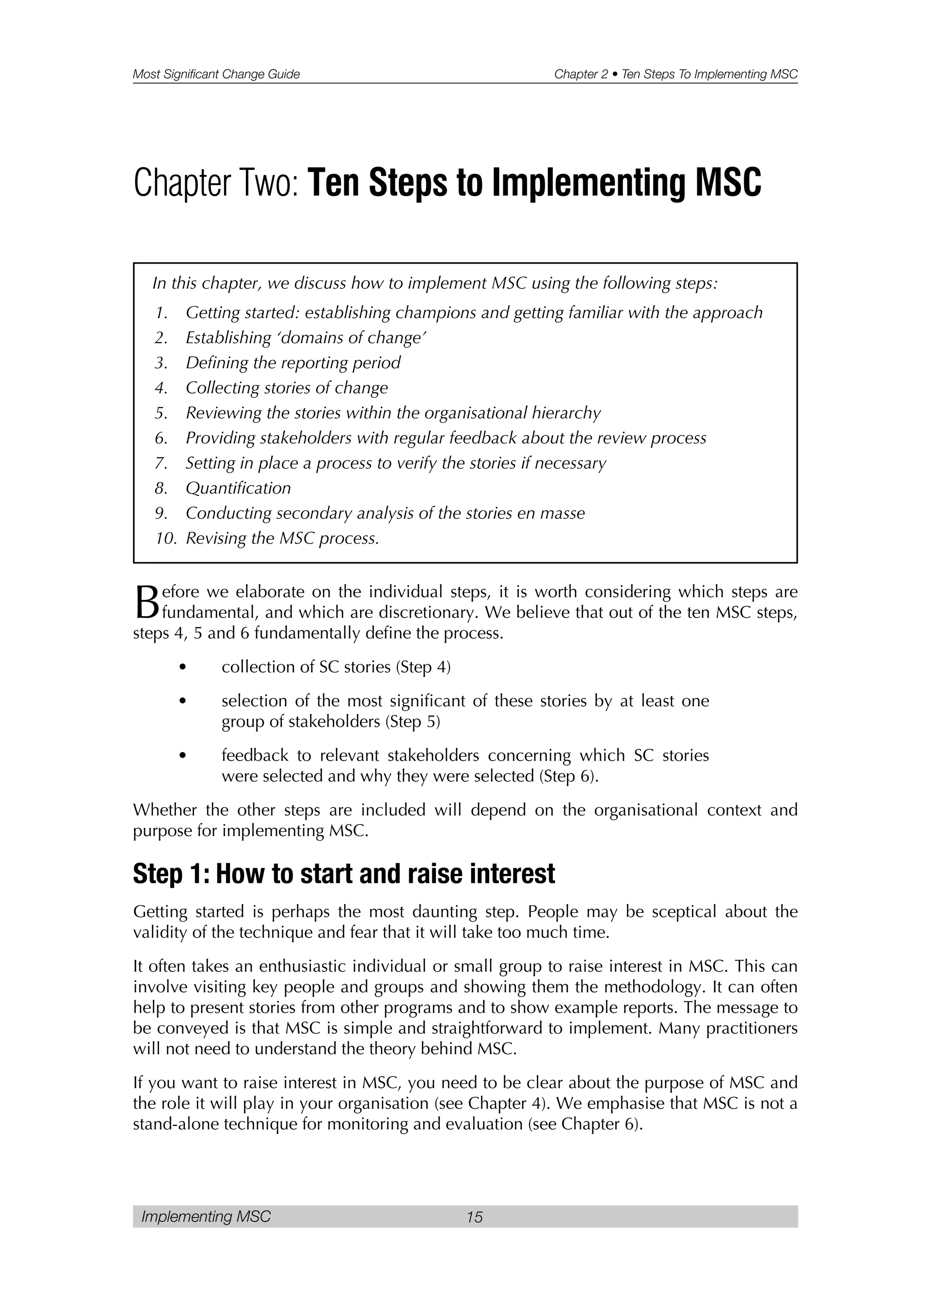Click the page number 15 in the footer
[x=474, y=1216]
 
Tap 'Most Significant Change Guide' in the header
[x=216, y=74]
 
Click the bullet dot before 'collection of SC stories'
[x=182, y=667]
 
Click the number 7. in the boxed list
[x=160, y=463]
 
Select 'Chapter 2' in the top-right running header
[x=580, y=74]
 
